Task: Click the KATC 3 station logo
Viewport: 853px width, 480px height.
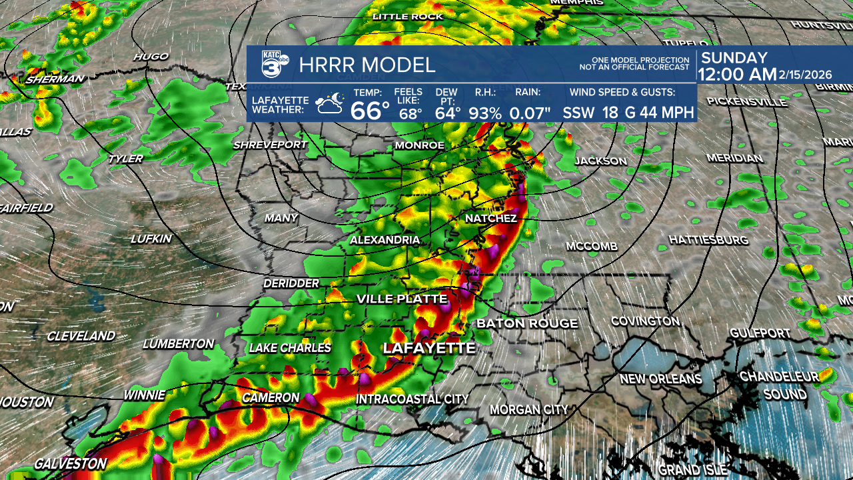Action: [275, 65]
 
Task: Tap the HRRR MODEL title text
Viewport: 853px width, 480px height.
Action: [367, 65]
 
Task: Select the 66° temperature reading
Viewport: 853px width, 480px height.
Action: [370, 110]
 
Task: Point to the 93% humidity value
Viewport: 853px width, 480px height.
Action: [484, 113]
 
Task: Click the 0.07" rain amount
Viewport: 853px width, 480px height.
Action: [530, 113]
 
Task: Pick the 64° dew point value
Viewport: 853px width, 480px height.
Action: [448, 113]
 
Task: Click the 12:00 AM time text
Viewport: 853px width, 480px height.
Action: [738, 75]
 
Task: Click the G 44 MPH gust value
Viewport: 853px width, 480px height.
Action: [659, 113]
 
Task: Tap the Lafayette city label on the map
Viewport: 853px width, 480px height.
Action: [428, 348]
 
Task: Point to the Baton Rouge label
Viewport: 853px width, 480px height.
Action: [527, 323]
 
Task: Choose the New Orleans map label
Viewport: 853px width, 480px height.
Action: [660, 379]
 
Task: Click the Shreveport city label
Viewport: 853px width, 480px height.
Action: [270, 145]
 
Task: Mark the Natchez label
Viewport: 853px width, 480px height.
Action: [490, 219]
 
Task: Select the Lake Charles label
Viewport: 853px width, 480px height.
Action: [290, 347]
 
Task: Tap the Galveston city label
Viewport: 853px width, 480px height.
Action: [70, 463]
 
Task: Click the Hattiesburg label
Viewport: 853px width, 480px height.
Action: [708, 239]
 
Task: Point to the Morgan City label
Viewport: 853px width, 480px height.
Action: [529, 409]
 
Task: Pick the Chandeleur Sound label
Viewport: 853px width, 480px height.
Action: [780, 385]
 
